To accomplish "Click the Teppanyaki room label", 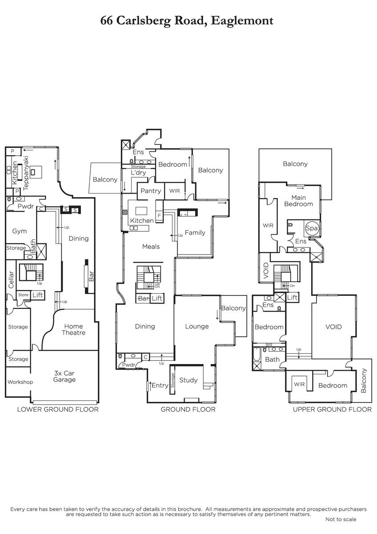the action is [x=26, y=173].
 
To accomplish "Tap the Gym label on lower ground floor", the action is [x=19, y=231].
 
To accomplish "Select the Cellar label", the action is [x=11, y=279].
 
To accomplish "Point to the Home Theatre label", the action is [x=74, y=329].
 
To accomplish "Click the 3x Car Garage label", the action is [x=64, y=376].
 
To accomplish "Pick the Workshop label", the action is [x=20, y=382].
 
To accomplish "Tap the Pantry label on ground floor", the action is [x=151, y=191].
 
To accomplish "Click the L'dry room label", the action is [x=138, y=173].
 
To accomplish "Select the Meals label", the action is [x=151, y=247].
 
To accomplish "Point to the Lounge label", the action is [x=197, y=326].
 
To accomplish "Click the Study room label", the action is [x=188, y=380].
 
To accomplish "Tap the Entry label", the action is [x=160, y=385].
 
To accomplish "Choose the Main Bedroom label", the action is [x=299, y=201].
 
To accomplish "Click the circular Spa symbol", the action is [x=312, y=228].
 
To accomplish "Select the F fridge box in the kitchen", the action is [x=159, y=216].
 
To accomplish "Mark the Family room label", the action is [x=195, y=233].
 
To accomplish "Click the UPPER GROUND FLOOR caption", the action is [x=332, y=409].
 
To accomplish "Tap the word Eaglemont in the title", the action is [x=242, y=21].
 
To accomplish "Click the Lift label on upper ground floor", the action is [x=292, y=297].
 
